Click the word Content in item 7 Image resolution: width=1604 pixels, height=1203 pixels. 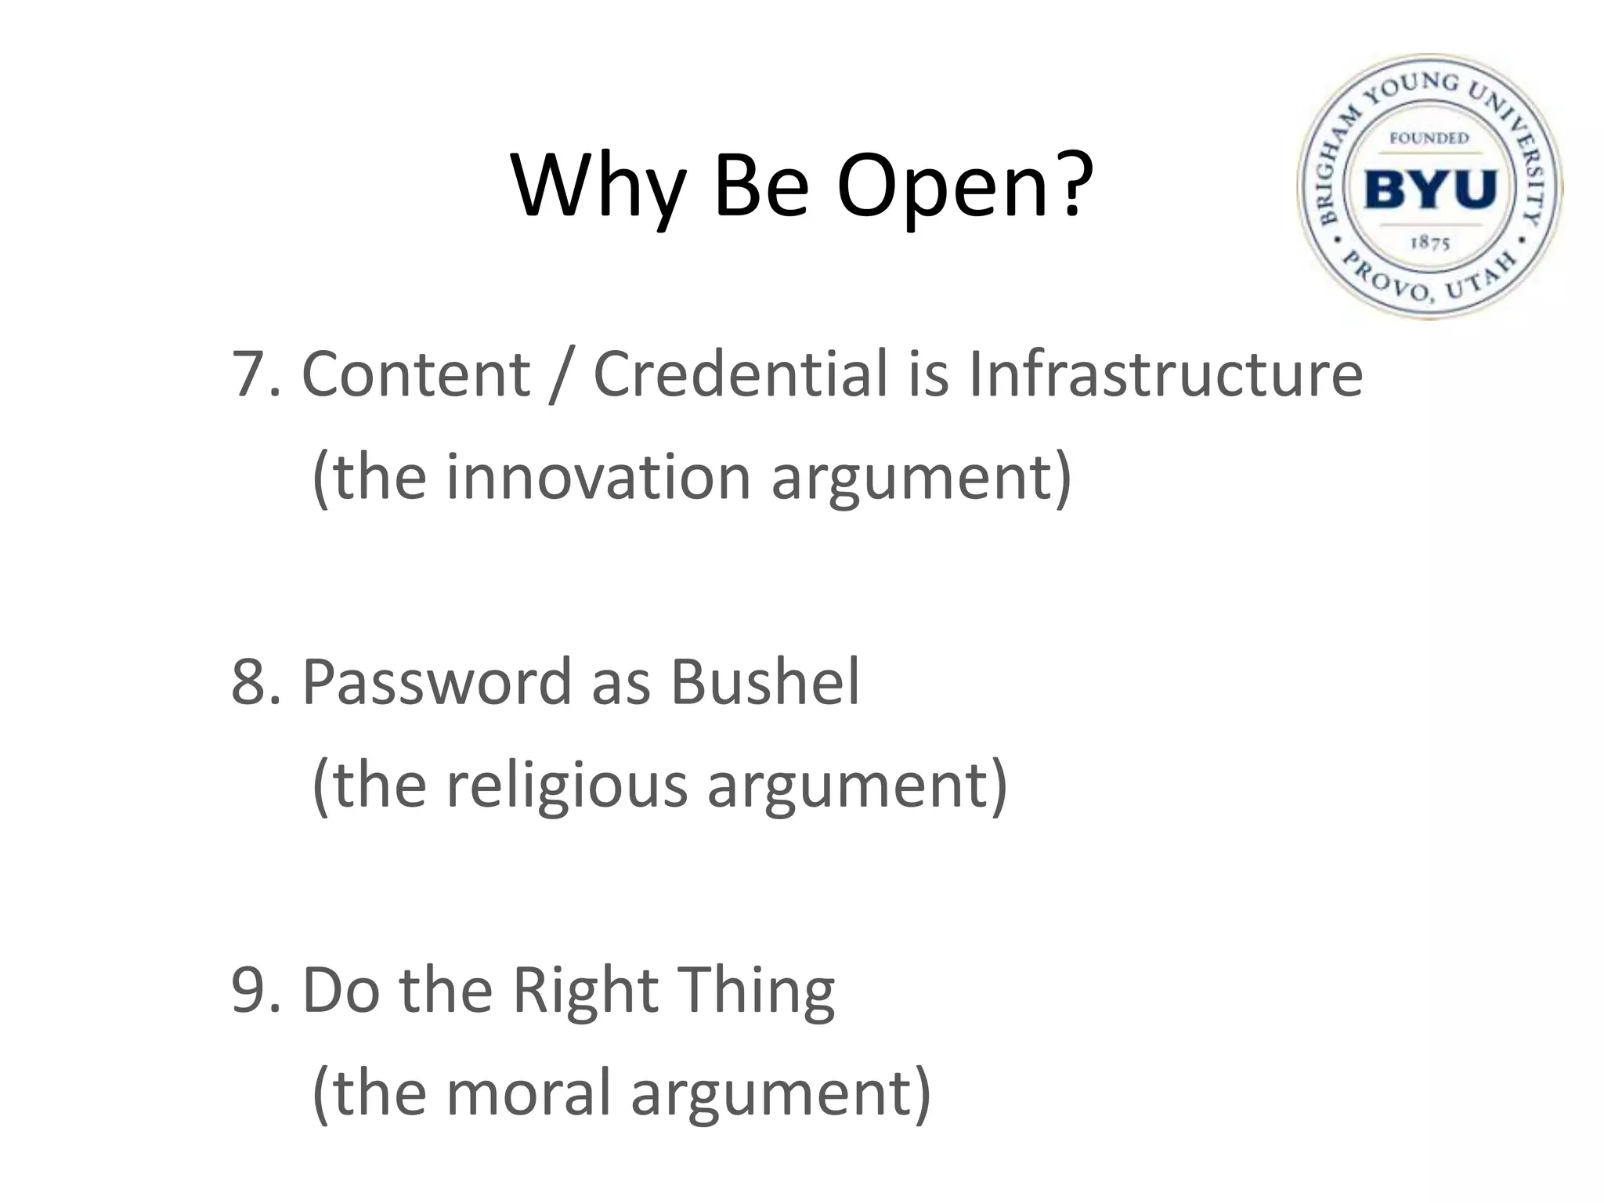click(416, 374)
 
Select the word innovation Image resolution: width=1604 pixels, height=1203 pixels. click(599, 477)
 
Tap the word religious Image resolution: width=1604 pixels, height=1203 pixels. click(566, 786)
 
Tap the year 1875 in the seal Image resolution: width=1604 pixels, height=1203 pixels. click(1430, 242)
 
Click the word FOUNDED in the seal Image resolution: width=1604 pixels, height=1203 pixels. click(1430, 139)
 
